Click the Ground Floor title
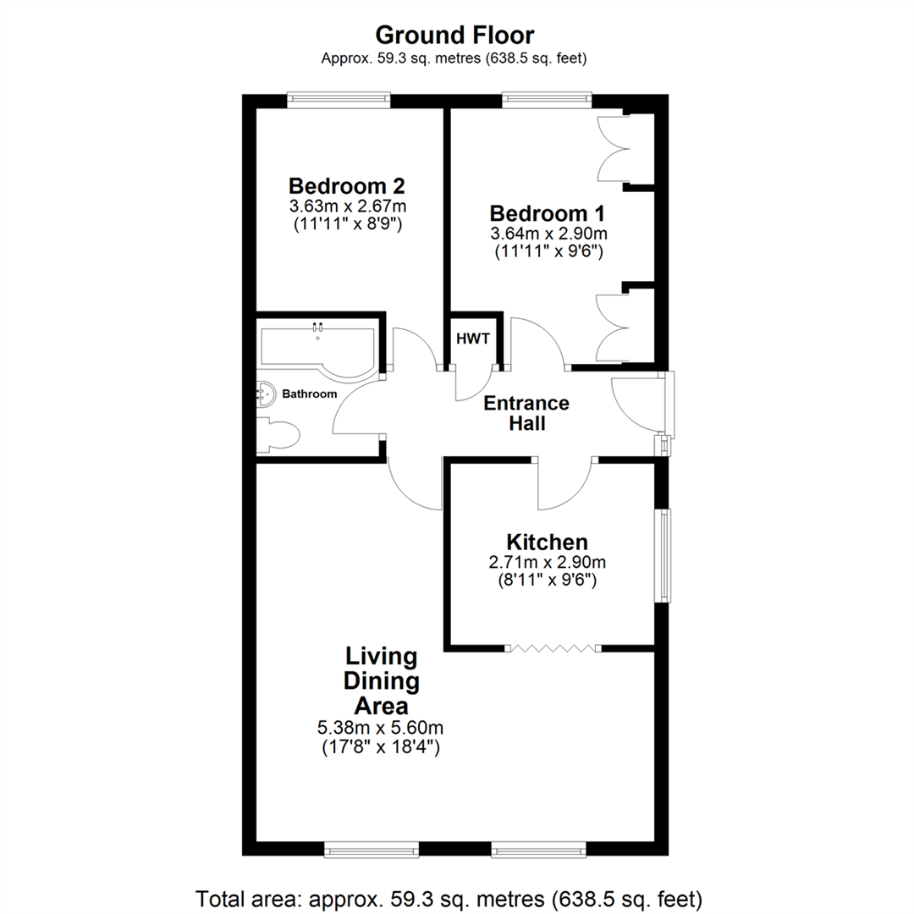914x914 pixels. click(x=454, y=35)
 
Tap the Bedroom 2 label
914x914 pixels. click(x=346, y=185)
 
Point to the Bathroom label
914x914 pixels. click(x=309, y=394)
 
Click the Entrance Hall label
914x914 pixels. click(x=526, y=413)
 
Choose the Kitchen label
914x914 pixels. click(x=546, y=542)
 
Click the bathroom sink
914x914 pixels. click(x=267, y=394)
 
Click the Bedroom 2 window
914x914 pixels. click(x=339, y=101)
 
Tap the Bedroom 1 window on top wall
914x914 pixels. click(x=544, y=101)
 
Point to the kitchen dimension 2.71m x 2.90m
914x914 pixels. click(x=546, y=563)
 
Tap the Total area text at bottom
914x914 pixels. click(x=449, y=897)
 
